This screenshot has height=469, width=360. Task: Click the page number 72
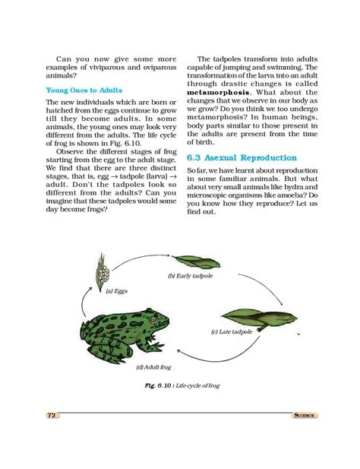52,416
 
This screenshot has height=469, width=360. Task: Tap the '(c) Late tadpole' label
232,332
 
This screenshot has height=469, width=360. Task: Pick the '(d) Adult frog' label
154,367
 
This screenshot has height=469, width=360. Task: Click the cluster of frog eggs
102,274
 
